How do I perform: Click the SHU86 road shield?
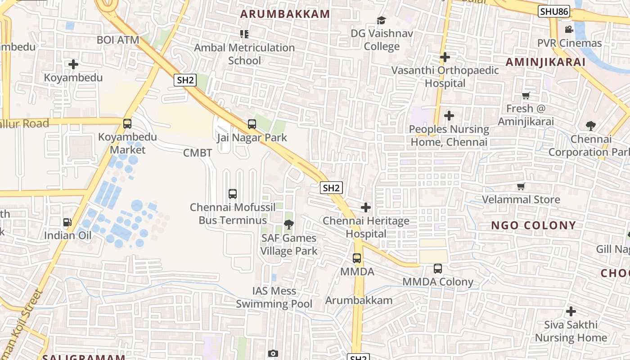coord(554,11)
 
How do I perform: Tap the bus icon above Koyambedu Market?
coord(127,123)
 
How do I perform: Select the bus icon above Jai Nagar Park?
coord(252,124)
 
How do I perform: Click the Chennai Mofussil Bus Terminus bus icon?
coord(233,194)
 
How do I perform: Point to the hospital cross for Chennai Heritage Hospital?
coord(366,207)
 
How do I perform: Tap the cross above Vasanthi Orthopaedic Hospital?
coord(445,57)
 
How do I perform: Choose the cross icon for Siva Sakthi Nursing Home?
coord(571,311)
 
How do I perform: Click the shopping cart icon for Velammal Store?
coord(521,186)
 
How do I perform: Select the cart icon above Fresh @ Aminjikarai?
coord(526,95)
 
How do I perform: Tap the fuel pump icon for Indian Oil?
coord(67,222)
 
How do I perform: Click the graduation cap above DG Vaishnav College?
coord(381,20)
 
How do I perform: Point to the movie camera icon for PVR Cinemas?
coord(569,30)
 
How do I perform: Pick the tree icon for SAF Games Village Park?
coord(288,225)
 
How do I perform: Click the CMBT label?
coord(198,153)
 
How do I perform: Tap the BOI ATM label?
coord(118,40)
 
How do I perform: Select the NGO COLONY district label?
coord(533,225)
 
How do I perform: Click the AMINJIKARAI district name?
coord(545,62)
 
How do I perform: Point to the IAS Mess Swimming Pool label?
coord(274,297)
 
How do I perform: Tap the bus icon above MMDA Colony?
coord(438,269)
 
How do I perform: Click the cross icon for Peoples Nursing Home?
coord(449,116)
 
